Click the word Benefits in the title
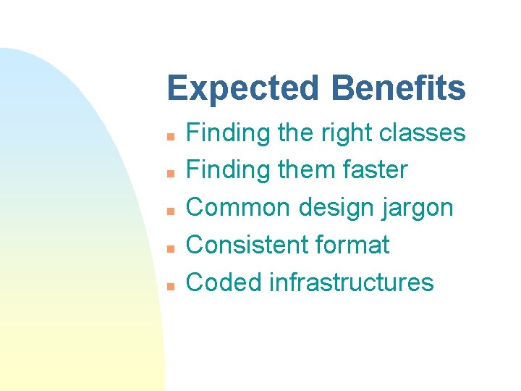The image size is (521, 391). tap(399, 88)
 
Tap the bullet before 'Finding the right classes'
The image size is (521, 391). tap(169, 135)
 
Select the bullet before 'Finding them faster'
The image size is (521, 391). tap(169, 173)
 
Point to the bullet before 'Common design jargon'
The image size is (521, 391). tap(169, 211)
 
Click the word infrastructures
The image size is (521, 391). tap(351, 282)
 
